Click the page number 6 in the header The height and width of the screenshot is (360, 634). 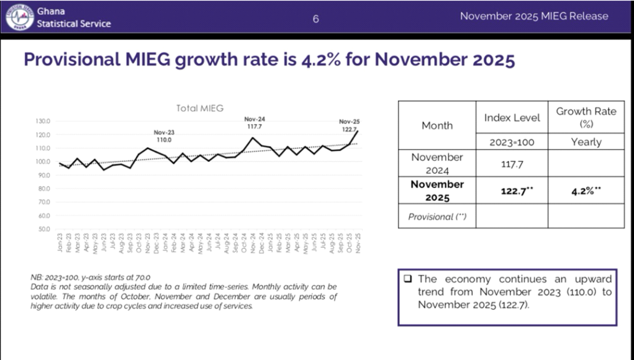click(315, 18)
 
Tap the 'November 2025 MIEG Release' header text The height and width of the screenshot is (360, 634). click(534, 16)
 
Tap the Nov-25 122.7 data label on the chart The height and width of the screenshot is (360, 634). click(349, 125)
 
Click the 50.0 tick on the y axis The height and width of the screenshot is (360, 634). click(43, 230)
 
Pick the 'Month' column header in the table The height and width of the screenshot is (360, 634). click(437, 125)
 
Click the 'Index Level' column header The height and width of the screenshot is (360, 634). click(512, 117)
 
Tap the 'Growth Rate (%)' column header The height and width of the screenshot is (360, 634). click(586, 117)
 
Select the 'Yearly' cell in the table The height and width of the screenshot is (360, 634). click(586, 142)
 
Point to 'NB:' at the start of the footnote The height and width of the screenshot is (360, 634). click(36, 277)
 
